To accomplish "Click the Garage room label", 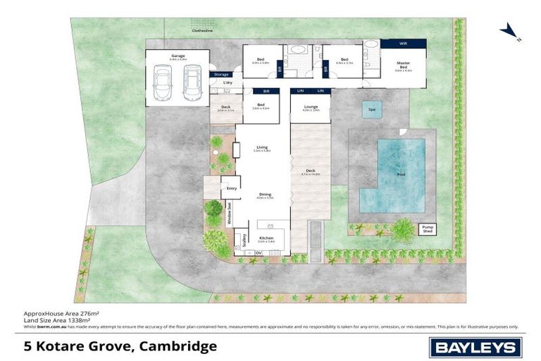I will coord(177,56).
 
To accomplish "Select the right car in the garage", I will coord(190,84).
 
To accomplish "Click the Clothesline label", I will coord(201,30).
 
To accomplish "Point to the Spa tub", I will coord(371,109).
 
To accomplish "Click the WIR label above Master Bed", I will coord(403,44).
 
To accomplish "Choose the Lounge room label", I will coord(311,106).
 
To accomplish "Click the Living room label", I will coord(262,147).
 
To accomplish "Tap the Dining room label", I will coord(265,195).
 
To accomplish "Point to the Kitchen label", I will coord(266,238).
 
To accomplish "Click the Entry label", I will coord(231,188).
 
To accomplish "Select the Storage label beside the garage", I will coord(221,74).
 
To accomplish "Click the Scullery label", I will coord(244,241).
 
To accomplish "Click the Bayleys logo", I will coord(475,347).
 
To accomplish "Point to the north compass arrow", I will coord(507,32).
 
